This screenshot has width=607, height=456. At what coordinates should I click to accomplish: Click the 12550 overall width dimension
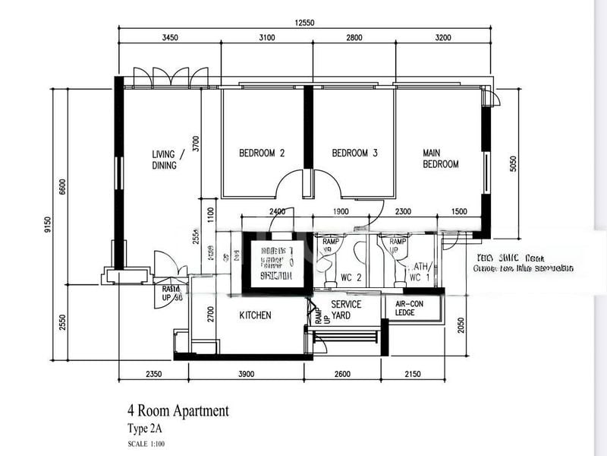point(304,23)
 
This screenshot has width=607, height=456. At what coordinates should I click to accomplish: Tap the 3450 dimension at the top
point(170,37)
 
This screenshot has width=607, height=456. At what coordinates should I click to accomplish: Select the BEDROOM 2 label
point(262,153)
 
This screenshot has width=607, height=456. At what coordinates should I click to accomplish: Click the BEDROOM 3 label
point(354,153)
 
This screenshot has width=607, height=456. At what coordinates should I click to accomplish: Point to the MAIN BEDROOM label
point(441,158)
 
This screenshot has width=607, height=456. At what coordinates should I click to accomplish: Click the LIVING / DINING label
point(165,160)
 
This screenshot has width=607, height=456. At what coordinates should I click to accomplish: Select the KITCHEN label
point(256,315)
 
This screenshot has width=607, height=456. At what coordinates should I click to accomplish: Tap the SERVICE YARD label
point(346,309)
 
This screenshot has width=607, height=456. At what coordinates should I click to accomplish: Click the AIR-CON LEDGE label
point(410,307)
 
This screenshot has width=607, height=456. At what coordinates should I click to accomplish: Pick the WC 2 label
point(350,277)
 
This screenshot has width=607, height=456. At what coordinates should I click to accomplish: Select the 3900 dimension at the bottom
point(247,373)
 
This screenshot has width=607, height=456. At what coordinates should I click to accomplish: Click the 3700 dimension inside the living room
point(196,144)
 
